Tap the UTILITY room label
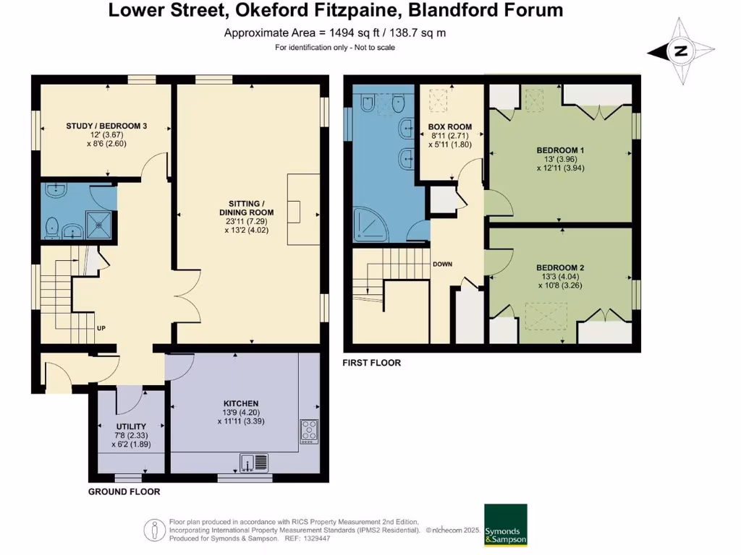[131, 426]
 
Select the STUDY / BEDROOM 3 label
[106, 126]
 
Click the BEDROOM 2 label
[562, 267]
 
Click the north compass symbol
[680, 51]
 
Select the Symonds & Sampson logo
[505, 525]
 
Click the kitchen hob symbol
[309, 431]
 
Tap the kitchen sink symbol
[255, 461]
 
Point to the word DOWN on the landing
[442, 264]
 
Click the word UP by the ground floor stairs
[101, 329]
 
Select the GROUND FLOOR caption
[124, 491]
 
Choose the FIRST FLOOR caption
[371, 363]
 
